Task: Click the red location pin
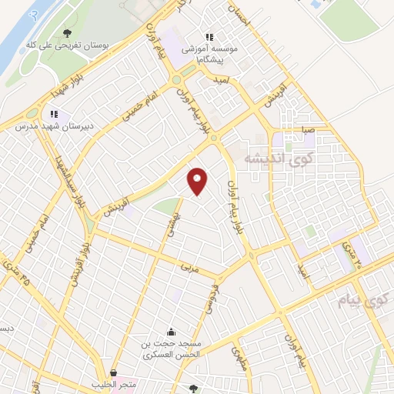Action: pos(198,180)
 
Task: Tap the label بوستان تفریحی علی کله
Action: pos(68,47)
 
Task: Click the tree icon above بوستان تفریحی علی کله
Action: pos(68,33)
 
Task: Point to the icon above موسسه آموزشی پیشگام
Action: pos(208,37)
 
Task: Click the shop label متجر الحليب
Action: pos(113,383)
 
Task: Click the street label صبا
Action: pos(307,131)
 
